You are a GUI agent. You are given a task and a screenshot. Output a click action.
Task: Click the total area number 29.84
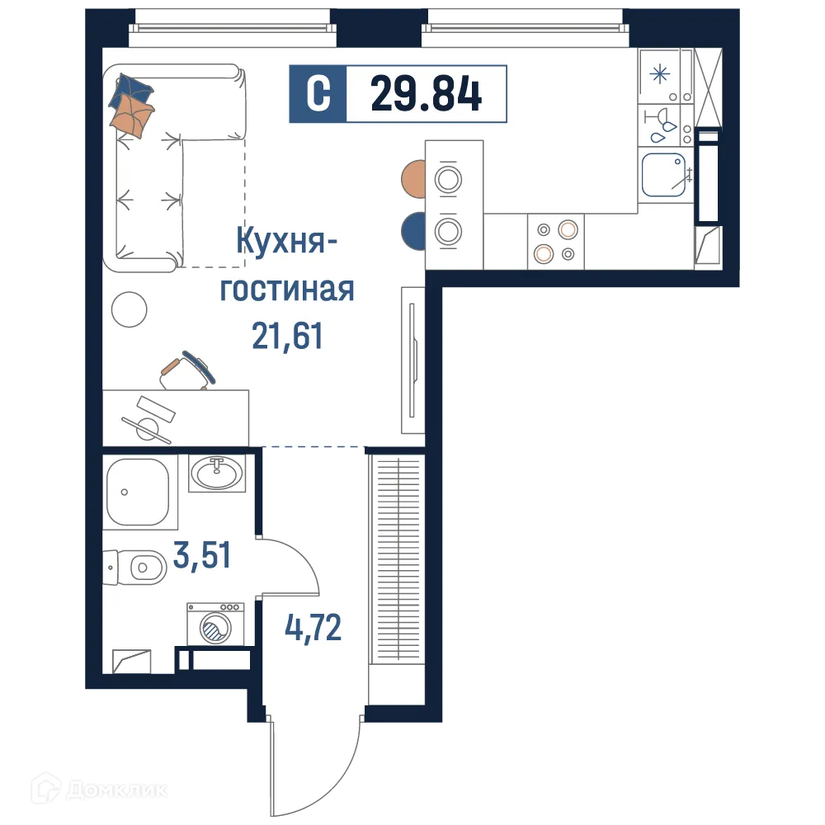click(x=426, y=93)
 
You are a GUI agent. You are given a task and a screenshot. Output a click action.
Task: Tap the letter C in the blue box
click(x=318, y=93)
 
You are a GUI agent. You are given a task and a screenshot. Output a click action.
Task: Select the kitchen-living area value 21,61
click(x=286, y=336)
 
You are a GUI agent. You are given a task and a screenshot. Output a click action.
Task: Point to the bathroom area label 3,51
click(x=201, y=556)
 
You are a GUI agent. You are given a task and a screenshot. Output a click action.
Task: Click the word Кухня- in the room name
click(x=286, y=244)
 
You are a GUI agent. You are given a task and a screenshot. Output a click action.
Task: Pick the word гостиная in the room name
click(x=286, y=290)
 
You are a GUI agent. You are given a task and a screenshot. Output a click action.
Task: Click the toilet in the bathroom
click(x=139, y=568)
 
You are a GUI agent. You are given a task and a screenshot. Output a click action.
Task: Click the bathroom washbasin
click(x=217, y=473)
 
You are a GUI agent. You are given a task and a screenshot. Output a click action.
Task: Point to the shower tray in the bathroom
click(x=139, y=493)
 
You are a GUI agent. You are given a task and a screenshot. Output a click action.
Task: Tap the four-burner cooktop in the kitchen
click(x=555, y=241)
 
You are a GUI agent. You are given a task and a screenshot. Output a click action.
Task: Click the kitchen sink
click(x=666, y=174)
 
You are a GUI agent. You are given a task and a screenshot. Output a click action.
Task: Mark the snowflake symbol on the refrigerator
click(x=659, y=73)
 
